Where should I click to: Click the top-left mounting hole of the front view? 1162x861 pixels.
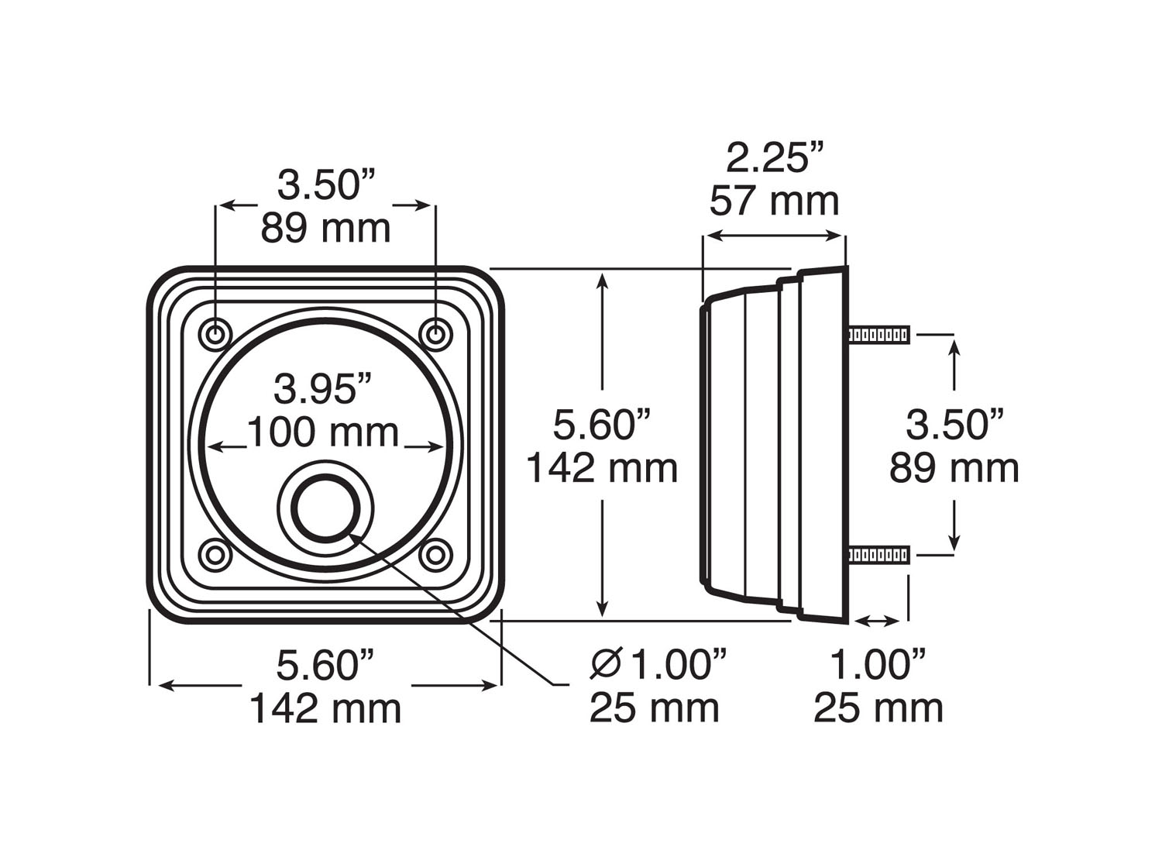coord(215,335)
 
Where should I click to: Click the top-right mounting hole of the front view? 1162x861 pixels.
coord(435,335)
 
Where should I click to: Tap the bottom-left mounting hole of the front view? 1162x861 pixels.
coord(215,555)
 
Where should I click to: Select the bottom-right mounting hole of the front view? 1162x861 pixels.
coord(435,555)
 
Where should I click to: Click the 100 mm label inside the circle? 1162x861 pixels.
coord(323,432)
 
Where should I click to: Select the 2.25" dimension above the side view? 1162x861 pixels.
coord(774,159)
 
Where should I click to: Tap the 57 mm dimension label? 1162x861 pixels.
coord(774,201)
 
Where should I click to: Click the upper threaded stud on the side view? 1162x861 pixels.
coord(878,336)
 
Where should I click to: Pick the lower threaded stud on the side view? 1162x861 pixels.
coord(878,555)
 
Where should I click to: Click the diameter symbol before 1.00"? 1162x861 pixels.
coord(606,664)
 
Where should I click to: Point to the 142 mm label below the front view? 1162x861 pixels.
coord(325,708)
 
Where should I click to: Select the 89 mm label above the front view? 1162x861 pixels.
coord(325,229)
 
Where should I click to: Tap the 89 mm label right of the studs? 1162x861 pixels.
coord(954,468)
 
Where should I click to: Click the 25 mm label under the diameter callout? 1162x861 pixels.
coord(654,708)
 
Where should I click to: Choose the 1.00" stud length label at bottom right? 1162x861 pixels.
coord(878,665)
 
